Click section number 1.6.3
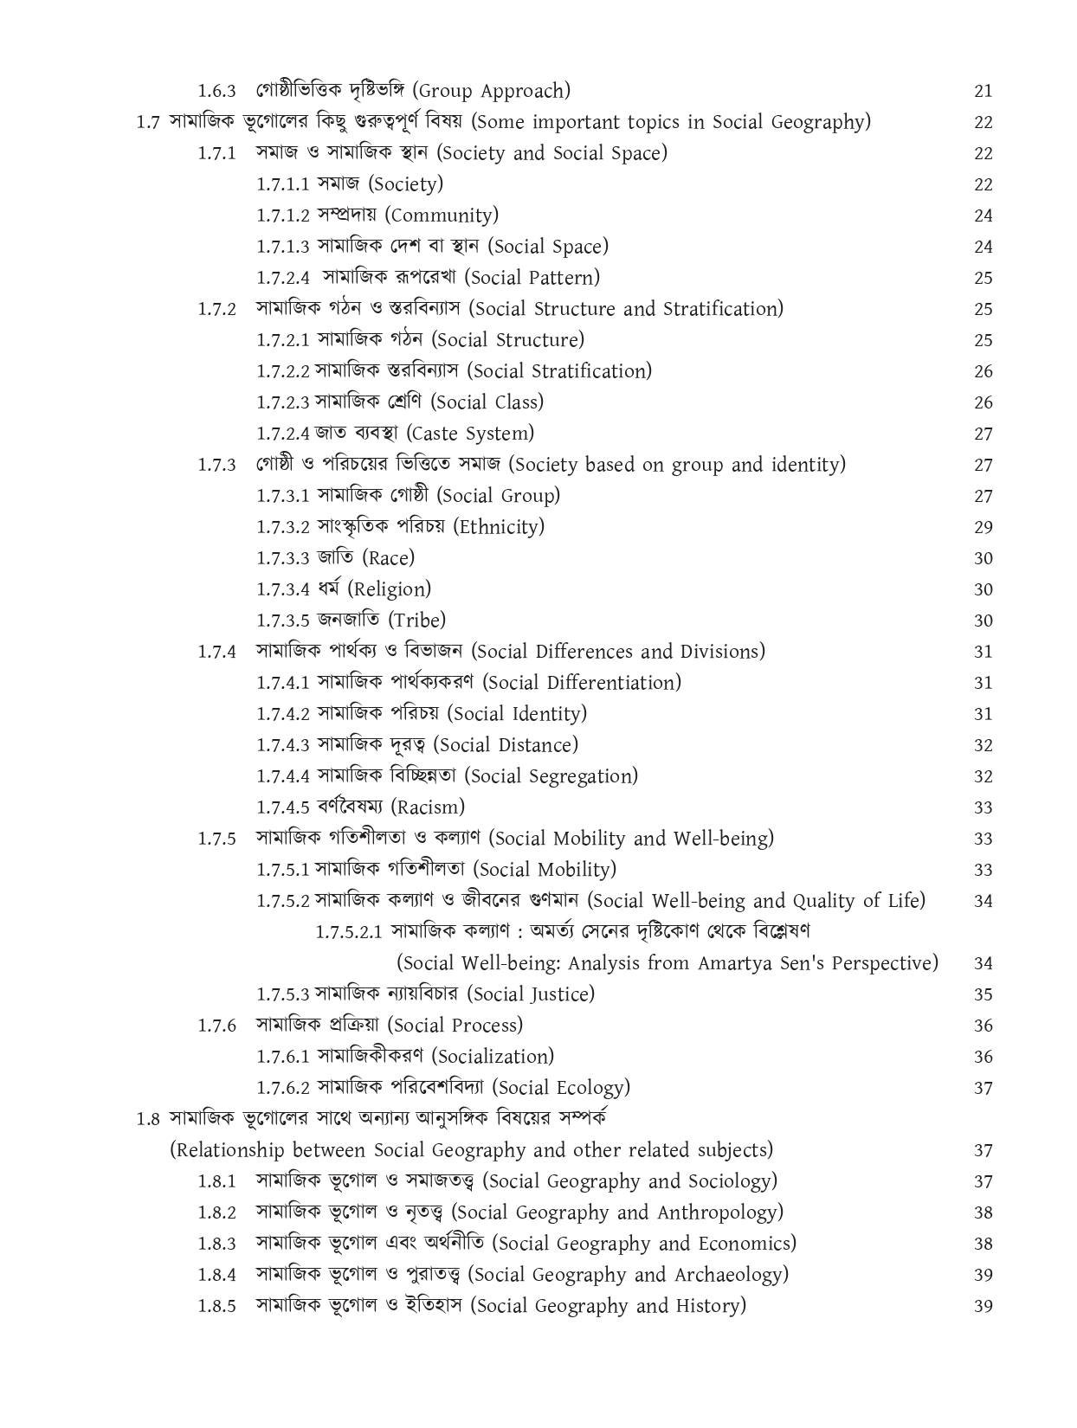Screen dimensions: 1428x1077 tap(216, 91)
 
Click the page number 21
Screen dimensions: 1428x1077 tap(983, 91)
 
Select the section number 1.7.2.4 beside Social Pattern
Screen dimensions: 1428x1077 tap(283, 278)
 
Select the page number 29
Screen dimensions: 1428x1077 tap(983, 527)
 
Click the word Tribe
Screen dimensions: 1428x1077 tap(417, 621)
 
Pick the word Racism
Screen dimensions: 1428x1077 tap(428, 807)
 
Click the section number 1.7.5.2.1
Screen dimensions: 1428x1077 tap(349, 932)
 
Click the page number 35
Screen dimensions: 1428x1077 tap(983, 994)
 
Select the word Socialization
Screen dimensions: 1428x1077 tap(493, 1057)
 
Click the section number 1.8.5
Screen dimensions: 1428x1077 tap(216, 1306)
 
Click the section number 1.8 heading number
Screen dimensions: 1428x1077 tap(148, 1119)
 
